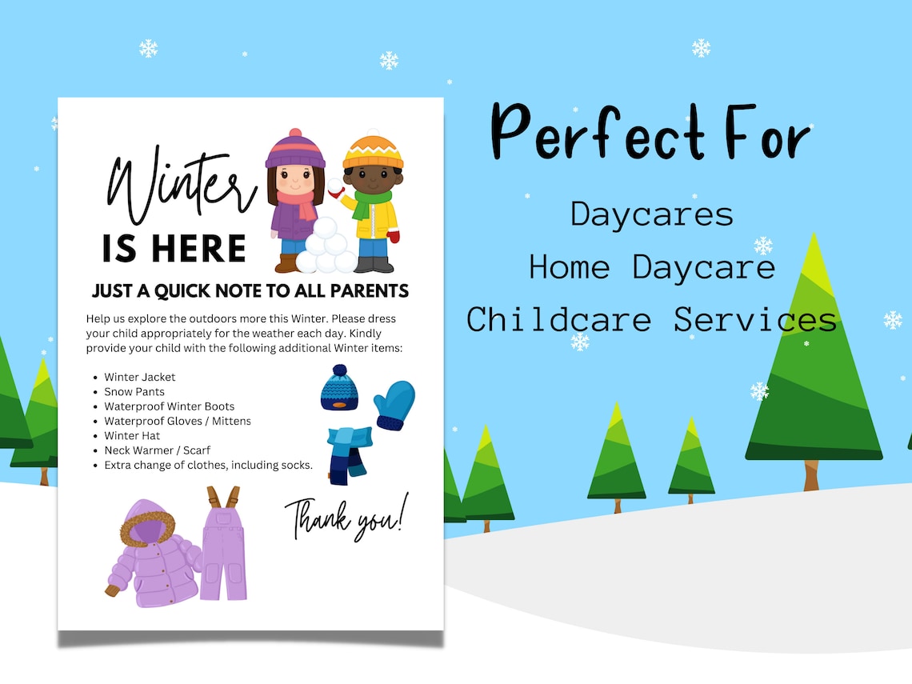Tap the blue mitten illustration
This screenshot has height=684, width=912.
[395, 405]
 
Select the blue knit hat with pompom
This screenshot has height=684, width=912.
[338, 389]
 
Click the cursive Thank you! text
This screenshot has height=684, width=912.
[346, 517]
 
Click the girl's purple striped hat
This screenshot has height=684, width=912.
[295, 150]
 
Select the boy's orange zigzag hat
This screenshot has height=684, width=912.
[374, 152]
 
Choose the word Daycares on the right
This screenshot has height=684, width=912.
[652, 214]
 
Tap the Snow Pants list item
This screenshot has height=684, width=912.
[134, 392]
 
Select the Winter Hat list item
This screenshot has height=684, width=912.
[132, 436]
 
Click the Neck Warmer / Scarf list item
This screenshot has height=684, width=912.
[157, 450]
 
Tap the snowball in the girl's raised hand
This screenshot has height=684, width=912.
[334, 186]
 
